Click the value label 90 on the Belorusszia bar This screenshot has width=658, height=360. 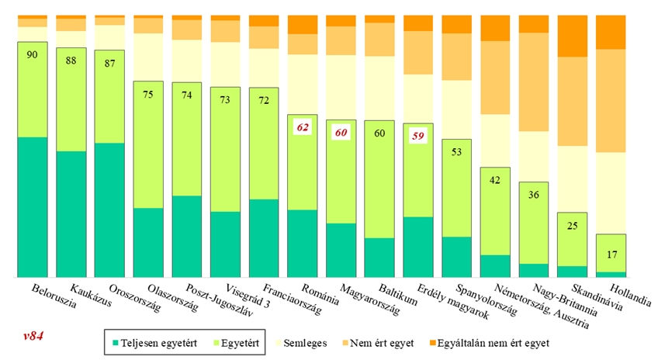[x=32, y=54]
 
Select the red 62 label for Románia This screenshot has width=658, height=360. [x=302, y=126]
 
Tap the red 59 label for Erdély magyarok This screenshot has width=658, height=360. [x=417, y=136]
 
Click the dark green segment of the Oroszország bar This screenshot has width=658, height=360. [x=109, y=209]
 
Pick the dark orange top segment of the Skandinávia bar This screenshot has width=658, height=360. [x=573, y=36]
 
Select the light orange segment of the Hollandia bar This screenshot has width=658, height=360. [x=611, y=101]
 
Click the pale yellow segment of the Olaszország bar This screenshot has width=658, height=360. [x=148, y=57]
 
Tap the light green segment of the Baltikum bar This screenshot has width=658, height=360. [x=379, y=178]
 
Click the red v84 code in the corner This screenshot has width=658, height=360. [x=34, y=335]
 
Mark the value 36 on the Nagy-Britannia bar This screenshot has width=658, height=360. [x=534, y=195]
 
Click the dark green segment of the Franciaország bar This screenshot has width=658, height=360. [x=264, y=238]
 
